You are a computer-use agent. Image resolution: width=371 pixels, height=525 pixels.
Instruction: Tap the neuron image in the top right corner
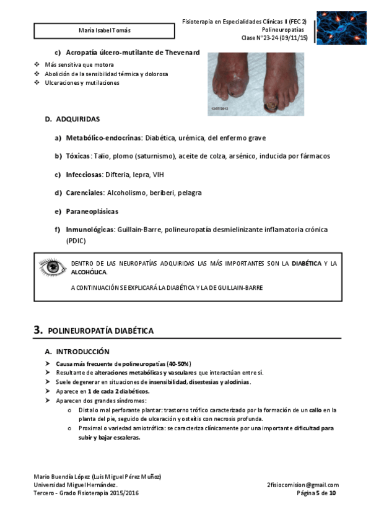coord(341,27)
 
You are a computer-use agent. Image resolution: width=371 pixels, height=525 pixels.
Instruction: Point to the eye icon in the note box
coord(50,267)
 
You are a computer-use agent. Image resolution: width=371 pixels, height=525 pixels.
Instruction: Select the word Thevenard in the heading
coord(181,53)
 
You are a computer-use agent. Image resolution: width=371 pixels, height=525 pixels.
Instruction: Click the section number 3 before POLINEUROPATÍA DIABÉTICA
coord(38,331)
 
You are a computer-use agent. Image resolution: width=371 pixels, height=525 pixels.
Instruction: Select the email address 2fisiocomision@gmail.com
coord(303,485)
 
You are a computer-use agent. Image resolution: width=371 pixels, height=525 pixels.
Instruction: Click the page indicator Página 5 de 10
coord(317,493)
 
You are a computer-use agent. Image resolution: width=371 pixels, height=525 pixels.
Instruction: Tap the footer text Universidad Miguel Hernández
coord(75,485)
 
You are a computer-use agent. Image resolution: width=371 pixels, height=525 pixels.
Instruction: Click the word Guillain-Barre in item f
coord(138,230)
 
